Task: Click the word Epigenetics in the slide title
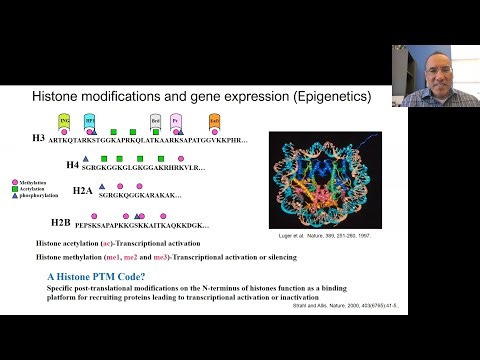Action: tap(325, 98)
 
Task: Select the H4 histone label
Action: tap(72, 164)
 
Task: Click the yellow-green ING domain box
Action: tap(65, 121)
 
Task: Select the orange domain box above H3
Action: tap(215, 121)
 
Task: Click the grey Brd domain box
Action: tap(156, 121)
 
